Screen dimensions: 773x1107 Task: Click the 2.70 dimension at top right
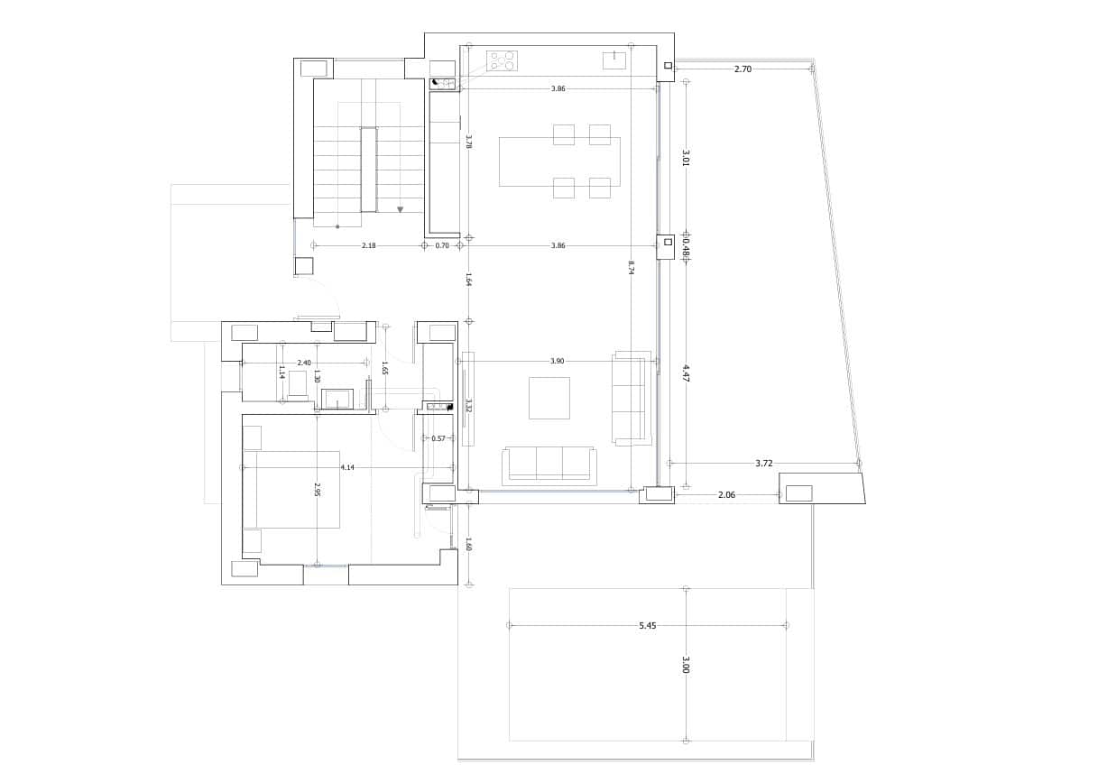[x=743, y=69]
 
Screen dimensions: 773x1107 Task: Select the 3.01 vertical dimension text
[x=686, y=158]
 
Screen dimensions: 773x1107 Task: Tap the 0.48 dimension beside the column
[x=686, y=245]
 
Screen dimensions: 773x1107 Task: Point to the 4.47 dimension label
[x=686, y=373]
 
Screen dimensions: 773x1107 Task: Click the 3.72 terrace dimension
[x=763, y=463]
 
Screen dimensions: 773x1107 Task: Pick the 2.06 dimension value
[x=726, y=494]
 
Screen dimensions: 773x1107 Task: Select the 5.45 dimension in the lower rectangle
[x=647, y=625]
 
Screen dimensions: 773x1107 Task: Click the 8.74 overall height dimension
[x=632, y=267]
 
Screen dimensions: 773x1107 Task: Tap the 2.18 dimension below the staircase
[x=368, y=245]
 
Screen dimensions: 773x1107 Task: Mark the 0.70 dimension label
[x=442, y=245]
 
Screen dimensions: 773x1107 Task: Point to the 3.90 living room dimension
[x=557, y=361]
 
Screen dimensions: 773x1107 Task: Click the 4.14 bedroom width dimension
[x=347, y=467]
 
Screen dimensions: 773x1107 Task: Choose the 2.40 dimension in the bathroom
[x=304, y=363]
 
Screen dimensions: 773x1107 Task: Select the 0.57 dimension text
[x=438, y=438]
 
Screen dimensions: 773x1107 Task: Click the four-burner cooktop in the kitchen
[x=502, y=60]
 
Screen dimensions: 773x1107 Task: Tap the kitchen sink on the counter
[x=614, y=60]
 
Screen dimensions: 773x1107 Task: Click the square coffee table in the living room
[x=549, y=398]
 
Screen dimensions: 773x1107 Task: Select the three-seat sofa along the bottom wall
[x=549, y=464]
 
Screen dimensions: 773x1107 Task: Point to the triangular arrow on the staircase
[x=400, y=209]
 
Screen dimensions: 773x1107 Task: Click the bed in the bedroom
[x=291, y=489]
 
